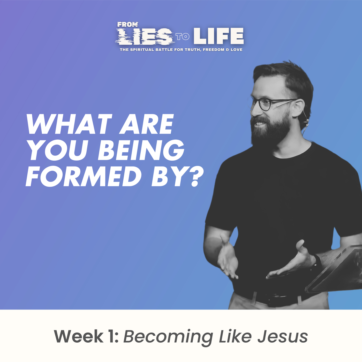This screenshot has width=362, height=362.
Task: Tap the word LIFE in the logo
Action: click(218, 36)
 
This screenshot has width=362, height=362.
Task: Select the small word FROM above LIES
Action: click(128, 24)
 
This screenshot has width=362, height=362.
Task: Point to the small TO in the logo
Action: click(183, 37)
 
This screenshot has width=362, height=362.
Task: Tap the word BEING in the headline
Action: click(141, 150)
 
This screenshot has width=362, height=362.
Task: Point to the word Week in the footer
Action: click(79, 336)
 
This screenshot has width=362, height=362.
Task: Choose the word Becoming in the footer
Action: click(168, 337)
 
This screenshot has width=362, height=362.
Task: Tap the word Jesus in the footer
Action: click(282, 336)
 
